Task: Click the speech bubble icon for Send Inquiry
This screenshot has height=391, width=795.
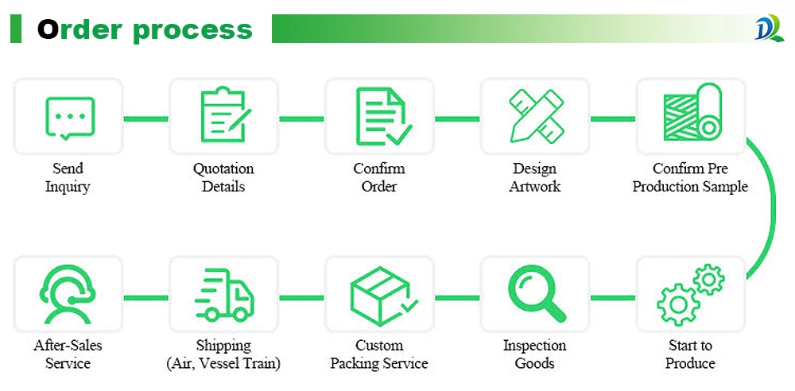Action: click(x=69, y=118)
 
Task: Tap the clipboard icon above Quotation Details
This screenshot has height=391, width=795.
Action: click(x=223, y=117)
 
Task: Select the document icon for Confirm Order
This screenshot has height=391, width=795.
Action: click(x=381, y=117)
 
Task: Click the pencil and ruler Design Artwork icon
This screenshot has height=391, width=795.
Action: click(x=535, y=117)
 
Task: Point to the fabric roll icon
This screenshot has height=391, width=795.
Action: click(x=691, y=115)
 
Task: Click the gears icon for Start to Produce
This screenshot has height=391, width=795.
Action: click(x=691, y=293)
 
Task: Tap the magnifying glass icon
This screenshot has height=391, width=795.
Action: click(x=535, y=293)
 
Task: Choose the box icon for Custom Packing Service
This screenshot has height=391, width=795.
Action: click(x=381, y=293)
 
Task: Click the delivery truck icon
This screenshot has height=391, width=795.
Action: click(x=223, y=294)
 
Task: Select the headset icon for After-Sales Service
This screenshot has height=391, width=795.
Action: click(x=69, y=293)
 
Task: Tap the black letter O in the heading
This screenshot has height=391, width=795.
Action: click(x=48, y=29)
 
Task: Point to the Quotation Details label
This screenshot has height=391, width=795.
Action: click(x=223, y=178)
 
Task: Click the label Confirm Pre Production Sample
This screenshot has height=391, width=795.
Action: click(x=690, y=178)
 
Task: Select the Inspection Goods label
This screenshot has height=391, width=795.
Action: click(x=534, y=354)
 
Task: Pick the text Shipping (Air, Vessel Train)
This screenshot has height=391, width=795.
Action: click(x=223, y=354)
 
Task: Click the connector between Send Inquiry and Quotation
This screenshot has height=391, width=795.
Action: click(x=146, y=119)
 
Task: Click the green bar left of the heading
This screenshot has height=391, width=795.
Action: click(x=16, y=29)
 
